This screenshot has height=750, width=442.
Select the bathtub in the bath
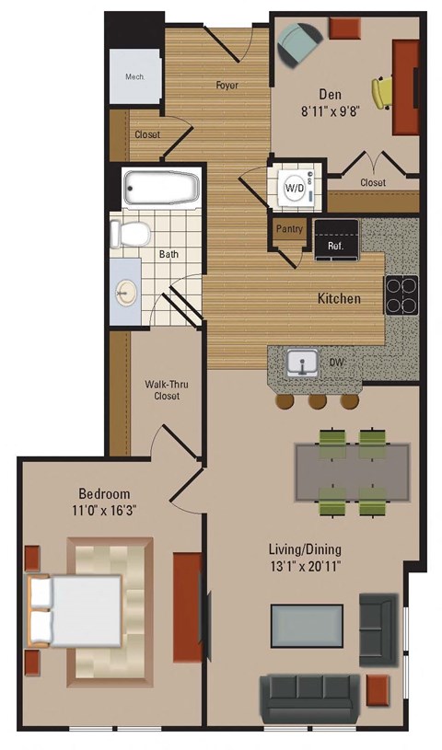pyautogui.click(x=162, y=189)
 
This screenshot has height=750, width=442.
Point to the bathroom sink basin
pyautogui.click(x=125, y=293)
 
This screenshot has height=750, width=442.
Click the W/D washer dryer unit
pyautogui.click(x=295, y=187)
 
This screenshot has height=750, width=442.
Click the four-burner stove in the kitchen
pyautogui.click(x=401, y=295)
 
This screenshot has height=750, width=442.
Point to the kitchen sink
pyautogui.click(x=300, y=363)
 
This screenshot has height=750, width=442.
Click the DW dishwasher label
pyautogui.click(x=338, y=363)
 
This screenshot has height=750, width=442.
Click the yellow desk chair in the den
pyautogui.click(x=382, y=91)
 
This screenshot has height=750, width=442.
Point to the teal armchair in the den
pyautogui.click(x=300, y=42)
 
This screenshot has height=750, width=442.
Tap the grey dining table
pyautogui.click(x=351, y=469)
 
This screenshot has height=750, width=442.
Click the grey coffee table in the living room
pyautogui.click(x=306, y=627)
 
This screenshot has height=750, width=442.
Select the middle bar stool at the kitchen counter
pyautogui.click(x=317, y=400)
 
